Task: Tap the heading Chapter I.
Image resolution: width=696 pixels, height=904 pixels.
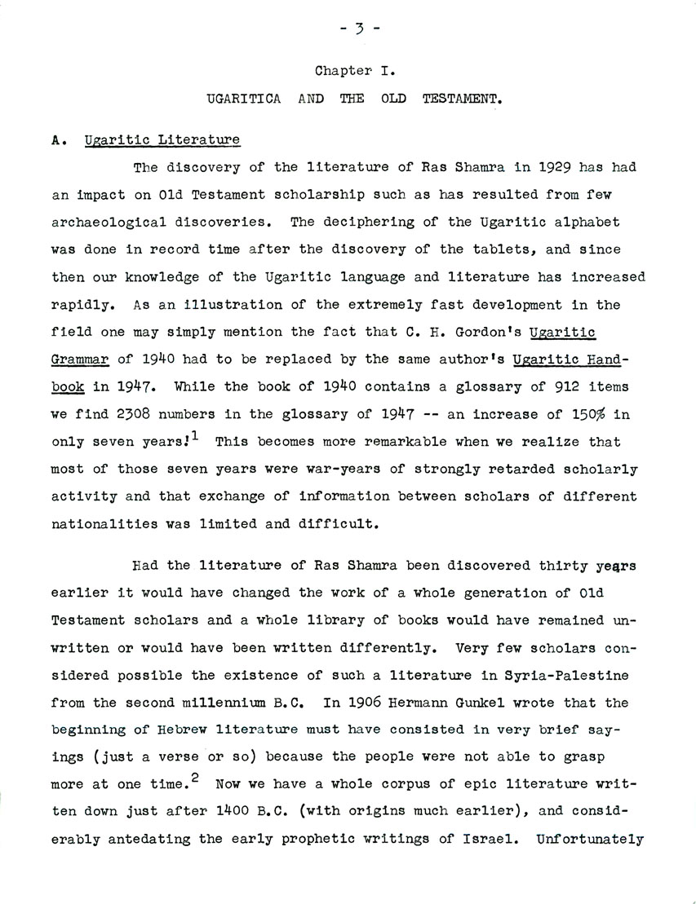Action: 348,73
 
